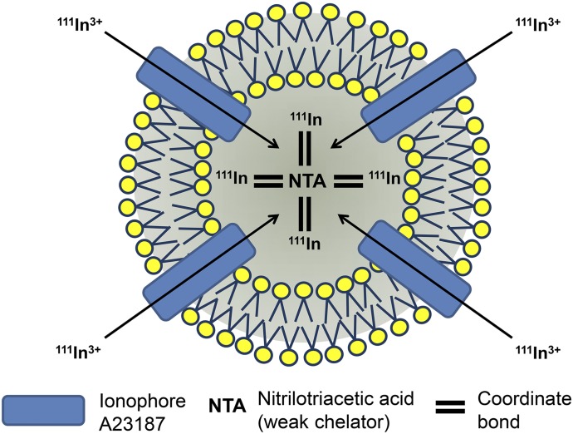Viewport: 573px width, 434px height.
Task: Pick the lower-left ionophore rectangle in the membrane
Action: pyautogui.click(x=198, y=267)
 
